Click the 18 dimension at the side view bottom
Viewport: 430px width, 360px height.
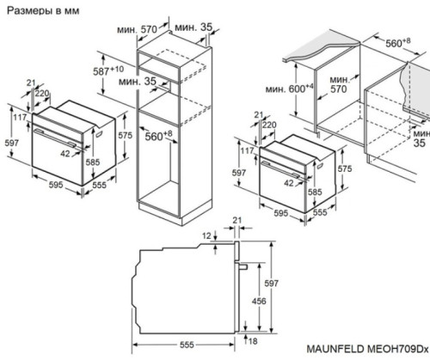click(255, 342)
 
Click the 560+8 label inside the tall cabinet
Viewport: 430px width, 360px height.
click(157, 135)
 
